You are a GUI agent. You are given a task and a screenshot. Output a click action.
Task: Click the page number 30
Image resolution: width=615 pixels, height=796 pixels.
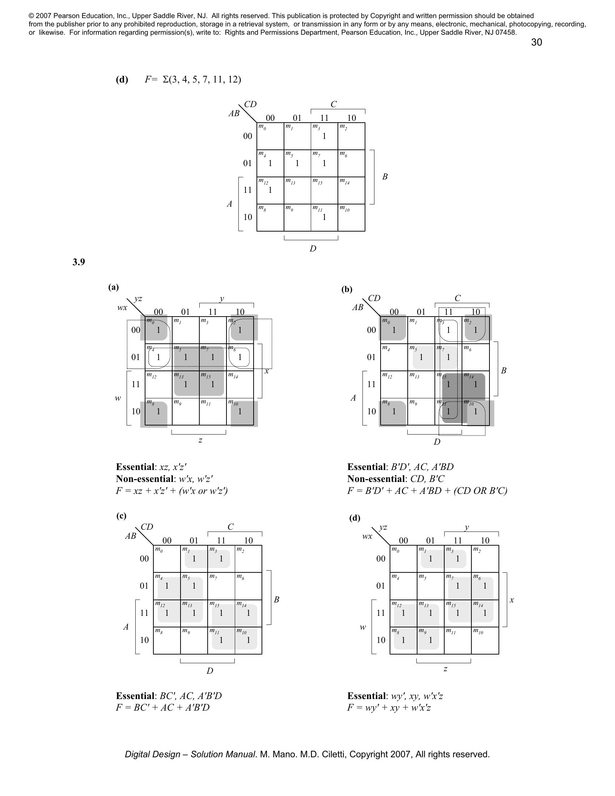[536, 42]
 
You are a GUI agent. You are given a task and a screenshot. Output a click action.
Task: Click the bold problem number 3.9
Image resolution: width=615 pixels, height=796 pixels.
[79, 262]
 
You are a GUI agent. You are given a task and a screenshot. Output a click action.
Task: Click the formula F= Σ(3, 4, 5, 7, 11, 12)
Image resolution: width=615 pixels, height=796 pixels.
[193, 80]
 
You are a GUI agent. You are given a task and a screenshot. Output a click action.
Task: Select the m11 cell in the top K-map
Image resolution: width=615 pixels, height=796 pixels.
[324, 217]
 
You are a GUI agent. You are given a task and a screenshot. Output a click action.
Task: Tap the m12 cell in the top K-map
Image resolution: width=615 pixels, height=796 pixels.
[270, 190]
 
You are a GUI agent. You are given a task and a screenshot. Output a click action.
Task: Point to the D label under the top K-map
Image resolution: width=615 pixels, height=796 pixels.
[313, 249]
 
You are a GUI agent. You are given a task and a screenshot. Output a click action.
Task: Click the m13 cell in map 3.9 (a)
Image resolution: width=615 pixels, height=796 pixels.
[186, 384]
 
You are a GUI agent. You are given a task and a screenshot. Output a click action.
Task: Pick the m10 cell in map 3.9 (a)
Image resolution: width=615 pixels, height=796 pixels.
[240, 411]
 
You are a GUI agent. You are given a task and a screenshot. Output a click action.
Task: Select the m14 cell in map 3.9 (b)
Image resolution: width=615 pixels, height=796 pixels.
[475, 384]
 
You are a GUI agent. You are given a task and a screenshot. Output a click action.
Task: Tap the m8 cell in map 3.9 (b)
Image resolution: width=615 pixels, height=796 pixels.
[394, 411]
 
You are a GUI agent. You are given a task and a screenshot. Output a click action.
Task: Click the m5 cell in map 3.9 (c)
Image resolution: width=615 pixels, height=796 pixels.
[194, 586]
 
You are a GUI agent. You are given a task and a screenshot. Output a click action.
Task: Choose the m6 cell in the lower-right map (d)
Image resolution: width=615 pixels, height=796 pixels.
[484, 586]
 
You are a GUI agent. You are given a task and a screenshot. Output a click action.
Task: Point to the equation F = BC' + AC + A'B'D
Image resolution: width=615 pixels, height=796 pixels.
[163, 707]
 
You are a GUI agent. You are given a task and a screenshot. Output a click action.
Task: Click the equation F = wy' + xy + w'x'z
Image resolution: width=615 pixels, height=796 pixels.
[389, 707]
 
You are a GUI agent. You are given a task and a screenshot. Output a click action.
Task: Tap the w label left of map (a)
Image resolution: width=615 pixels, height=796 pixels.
[118, 398]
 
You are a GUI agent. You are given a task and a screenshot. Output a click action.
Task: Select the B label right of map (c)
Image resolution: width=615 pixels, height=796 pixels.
[276, 599]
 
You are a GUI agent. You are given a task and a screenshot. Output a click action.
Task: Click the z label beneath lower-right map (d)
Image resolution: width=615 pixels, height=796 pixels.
[445, 669]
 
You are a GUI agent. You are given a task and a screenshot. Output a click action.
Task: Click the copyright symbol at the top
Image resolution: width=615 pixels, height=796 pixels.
[31, 16]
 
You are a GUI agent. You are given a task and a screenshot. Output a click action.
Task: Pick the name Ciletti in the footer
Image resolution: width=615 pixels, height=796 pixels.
[332, 754]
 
